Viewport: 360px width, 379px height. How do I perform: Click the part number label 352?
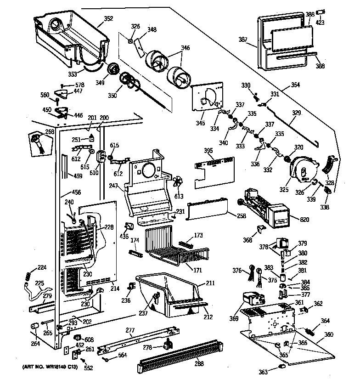(x=109, y=19)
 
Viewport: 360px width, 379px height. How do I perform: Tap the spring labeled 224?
(x=28, y=274)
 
